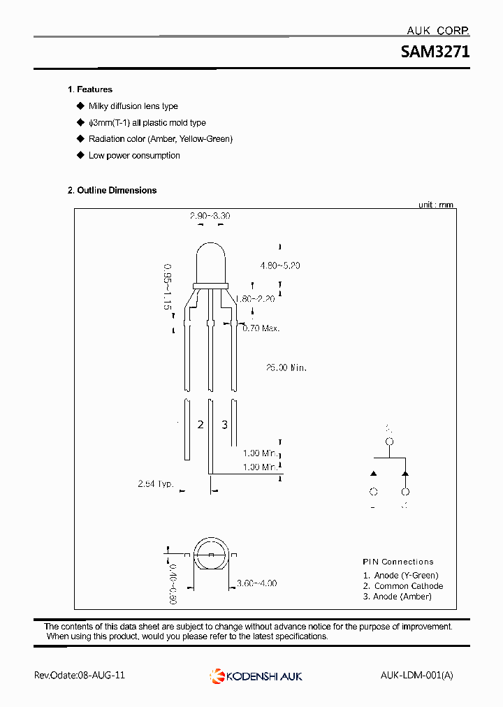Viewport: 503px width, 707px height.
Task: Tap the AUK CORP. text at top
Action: (437, 31)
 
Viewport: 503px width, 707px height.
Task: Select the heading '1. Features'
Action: (90, 89)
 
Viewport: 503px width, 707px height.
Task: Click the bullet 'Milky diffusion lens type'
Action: (133, 106)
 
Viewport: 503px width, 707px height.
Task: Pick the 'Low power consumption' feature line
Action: (134, 156)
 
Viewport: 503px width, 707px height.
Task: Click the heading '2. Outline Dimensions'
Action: (112, 190)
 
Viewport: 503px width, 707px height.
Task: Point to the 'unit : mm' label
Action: (435, 205)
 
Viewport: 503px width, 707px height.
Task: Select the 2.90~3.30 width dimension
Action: (210, 217)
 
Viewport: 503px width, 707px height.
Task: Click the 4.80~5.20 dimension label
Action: (279, 266)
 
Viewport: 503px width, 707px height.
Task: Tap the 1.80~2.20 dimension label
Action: (255, 299)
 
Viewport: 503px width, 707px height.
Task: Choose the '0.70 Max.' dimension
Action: (261, 328)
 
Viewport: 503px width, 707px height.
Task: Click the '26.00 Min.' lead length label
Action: (286, 367)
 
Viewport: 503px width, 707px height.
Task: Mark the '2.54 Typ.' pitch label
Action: (155, 483)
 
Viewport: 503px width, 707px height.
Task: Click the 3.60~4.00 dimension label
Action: (256, 583)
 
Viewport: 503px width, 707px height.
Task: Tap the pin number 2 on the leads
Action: (200, 425)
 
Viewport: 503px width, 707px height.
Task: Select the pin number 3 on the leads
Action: (224, 425)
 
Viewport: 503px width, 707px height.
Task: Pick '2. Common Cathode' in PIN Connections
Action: (402, 586)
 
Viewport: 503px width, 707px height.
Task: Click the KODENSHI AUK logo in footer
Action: (256, 676)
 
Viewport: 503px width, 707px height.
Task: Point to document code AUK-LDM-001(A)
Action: (416, 676)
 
